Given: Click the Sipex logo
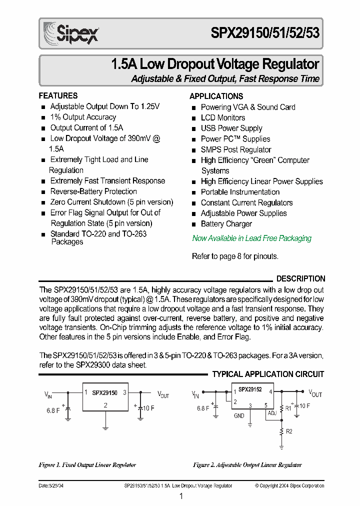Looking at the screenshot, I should [x=70, y=33].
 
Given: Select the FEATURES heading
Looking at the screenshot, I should [x=58, y=95].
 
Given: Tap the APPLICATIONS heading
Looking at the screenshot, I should [x=216, y=96].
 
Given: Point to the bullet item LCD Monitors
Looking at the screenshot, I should [x=222, y=117].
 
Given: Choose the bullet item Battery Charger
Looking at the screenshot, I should [x=226, y=224].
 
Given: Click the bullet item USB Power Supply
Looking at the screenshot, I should [x=231, y=128].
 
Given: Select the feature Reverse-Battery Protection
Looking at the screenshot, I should [x=93, y=191].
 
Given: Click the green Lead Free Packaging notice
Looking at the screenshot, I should [x=251, y=238].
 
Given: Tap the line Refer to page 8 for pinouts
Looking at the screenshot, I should [x=235, y=256].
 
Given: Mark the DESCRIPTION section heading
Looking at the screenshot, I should [x=300, y=278].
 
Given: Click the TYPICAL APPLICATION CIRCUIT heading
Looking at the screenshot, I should [x=268, y=374].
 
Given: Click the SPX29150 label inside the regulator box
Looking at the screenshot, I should [x=104, y=393].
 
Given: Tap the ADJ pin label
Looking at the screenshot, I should [x=272, y=413].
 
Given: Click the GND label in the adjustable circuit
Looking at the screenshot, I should [x=239, y=415].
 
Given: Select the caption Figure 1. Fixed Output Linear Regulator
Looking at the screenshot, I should [x=87, y=465].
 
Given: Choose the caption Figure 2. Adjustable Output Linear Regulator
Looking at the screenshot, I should [x=247, y=465].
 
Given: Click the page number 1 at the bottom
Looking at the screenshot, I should [x=181, y=496].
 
